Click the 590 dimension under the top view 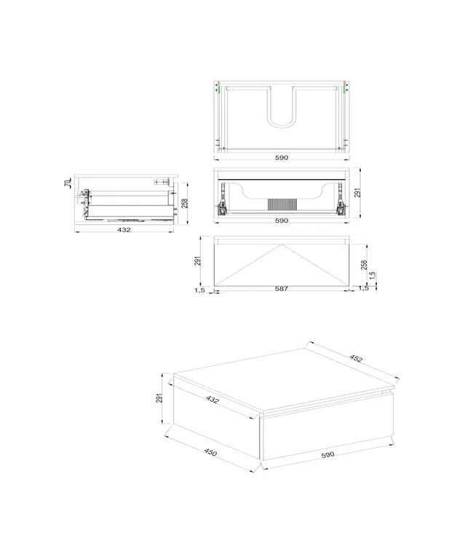click(x=282, y=157)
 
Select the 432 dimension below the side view click(x=124, y=230)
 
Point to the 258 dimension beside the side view click(x=186, y=203)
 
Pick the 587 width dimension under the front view click(x=282, y=289)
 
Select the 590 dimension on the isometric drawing click(x=327, y=454)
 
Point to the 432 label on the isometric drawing click(x=212, y=400)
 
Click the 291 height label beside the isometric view click(x=158, y=398)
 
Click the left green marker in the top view click(x=218, y=90)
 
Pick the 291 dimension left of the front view click(x=198, y=261)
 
